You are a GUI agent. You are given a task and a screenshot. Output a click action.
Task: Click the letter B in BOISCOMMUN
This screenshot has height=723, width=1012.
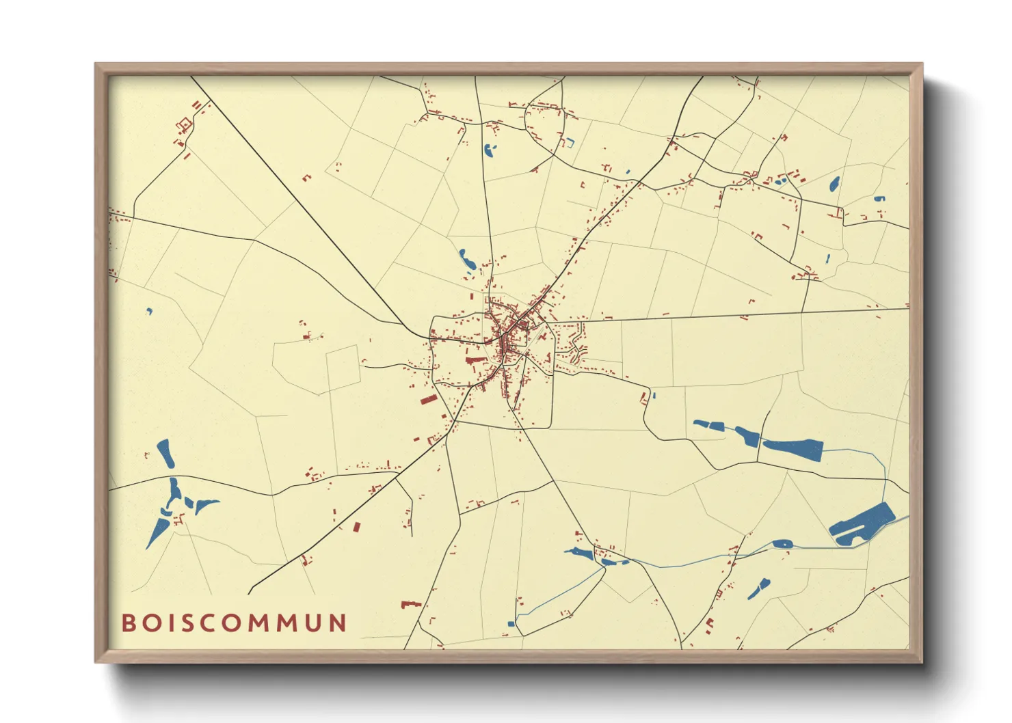pos(128,623)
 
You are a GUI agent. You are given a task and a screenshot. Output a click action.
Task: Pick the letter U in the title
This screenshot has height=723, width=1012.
pos(314,623)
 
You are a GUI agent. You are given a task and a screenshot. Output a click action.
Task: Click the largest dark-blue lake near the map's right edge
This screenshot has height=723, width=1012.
pos(861,525)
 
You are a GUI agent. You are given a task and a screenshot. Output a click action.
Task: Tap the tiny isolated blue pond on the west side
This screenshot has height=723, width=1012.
pos(150,312)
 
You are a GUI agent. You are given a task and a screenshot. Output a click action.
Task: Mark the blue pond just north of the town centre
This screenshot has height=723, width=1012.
pos(467,259)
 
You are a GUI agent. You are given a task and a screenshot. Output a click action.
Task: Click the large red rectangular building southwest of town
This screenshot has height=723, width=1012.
pos(428,400)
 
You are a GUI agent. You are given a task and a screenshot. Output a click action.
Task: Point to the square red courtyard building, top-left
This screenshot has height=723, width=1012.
pos(183,125)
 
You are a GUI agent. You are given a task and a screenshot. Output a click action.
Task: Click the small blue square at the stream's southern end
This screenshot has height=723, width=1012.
pos(511,623)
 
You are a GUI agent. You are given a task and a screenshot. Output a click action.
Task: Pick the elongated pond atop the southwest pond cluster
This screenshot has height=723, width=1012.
pos(165,454)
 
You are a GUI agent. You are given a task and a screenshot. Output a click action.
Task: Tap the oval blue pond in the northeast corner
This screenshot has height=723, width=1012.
pos(834,184)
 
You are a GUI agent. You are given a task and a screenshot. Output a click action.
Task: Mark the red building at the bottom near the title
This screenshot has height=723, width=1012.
pos(409,604)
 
